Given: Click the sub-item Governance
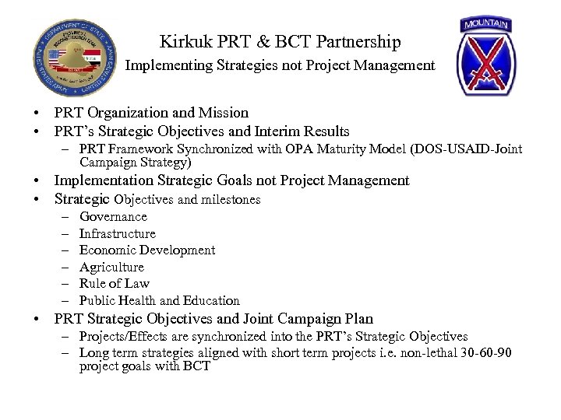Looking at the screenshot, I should [x=113, y=217].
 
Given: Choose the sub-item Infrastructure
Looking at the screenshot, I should [x=117, y=233].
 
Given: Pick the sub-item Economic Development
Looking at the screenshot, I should [x=147, y=250].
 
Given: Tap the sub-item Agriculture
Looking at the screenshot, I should [x=111, y=267].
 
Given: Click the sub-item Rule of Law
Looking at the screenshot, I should [x=114, y=284].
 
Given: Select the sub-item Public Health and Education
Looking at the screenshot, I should [x=159, y=300].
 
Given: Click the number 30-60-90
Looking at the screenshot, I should [x=482, y=353].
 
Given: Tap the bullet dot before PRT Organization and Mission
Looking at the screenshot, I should [x=37, y=114].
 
